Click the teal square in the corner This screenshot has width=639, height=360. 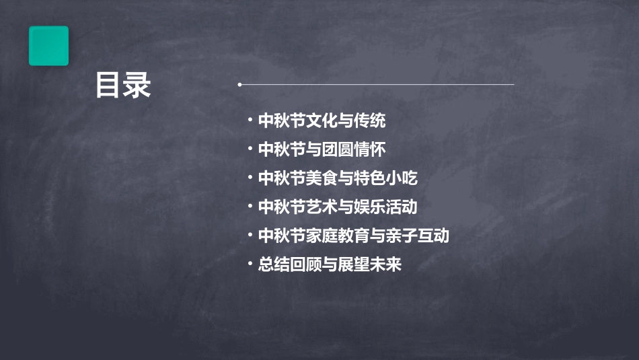coord(48,46)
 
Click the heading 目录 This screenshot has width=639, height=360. coord(123,85)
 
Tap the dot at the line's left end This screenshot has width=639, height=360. coord(239,85)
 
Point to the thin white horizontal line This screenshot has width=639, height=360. coord(377,85)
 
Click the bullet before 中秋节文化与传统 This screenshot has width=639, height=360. coord(250,121)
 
